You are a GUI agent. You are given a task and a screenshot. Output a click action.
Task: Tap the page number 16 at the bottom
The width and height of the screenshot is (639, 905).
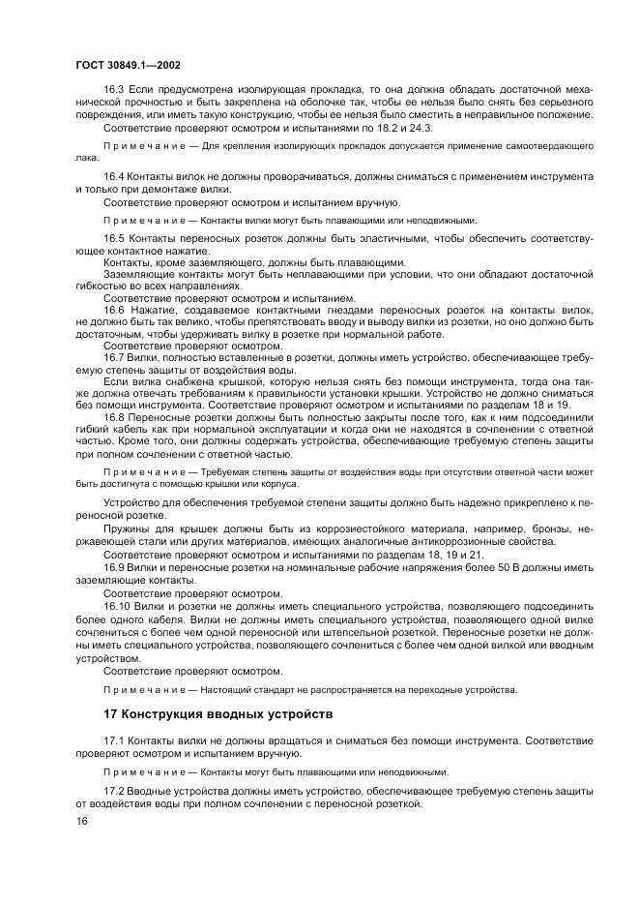tap(80, 820)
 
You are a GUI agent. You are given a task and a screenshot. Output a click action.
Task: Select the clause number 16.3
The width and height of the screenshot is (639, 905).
tap(114, 87)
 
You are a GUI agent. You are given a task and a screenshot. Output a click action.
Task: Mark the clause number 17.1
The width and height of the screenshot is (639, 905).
tap(114, 739)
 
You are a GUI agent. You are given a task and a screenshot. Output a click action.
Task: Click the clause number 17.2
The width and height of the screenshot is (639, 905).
tap(114, 791)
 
